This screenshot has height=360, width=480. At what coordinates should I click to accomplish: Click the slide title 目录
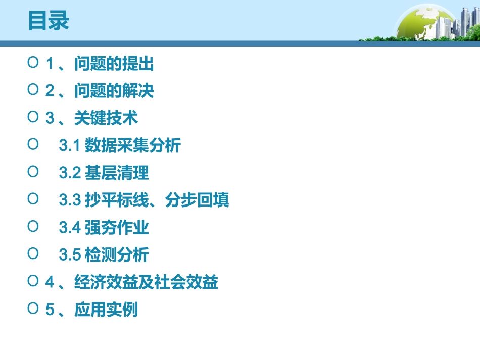tap(49, 21)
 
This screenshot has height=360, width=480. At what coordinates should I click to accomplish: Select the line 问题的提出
tap(114, 64)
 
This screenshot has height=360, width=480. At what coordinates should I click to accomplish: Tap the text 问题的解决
tap(114, 91)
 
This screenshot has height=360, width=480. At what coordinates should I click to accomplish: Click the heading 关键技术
tap(106, 119)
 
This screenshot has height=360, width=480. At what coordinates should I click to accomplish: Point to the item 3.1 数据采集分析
tap(120, 146)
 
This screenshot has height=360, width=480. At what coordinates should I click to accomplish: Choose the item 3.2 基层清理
tap(104, 173)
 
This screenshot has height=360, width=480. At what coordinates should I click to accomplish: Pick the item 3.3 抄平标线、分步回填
tap(144, 200)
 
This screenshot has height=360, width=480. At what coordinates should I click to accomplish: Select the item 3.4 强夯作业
tap(104, 228)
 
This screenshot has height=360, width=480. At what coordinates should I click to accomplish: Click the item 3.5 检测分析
tap(104, 255)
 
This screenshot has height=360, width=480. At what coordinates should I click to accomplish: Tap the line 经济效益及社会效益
tap(146, 282)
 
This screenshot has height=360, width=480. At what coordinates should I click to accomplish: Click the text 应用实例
tap(106, 310)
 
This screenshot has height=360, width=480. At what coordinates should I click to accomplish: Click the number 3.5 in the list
tap(70, 255)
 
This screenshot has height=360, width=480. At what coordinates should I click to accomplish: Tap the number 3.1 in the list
tap(70, 146)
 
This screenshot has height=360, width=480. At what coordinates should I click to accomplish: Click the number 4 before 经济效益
tap(50, 283)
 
